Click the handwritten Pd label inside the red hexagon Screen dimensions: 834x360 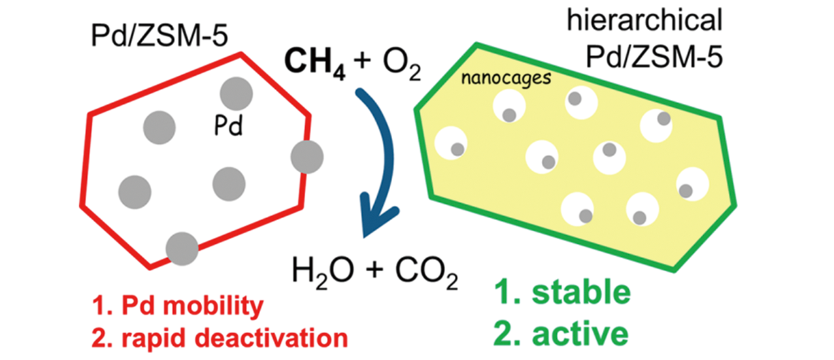[x=228, y=125]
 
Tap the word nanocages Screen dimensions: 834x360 [x=506, y=78]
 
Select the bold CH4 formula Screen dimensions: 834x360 [x=315, y=63]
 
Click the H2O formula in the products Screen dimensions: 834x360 [x=323, y=270]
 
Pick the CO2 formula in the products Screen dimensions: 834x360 [x=427, y=271]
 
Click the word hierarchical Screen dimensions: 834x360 [x=644, y=20]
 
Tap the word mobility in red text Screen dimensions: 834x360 [x=213, y=306]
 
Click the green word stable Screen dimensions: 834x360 [x=581, y=292]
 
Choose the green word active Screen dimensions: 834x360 [x=580, y=334]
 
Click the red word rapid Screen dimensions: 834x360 [x=154, y=339]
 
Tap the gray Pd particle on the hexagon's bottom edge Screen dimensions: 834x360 [x=182, y=249]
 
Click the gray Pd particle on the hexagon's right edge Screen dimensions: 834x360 [x=307, y=157]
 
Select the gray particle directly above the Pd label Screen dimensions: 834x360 [x=237, y=94]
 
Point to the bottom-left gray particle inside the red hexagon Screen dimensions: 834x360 [x=135, y=192]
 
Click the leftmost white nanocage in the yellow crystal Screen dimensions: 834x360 [x=451, y=143]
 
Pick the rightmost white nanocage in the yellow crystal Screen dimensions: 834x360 [x=693, y=184]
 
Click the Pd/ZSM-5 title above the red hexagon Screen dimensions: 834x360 [x=159, y=36]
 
